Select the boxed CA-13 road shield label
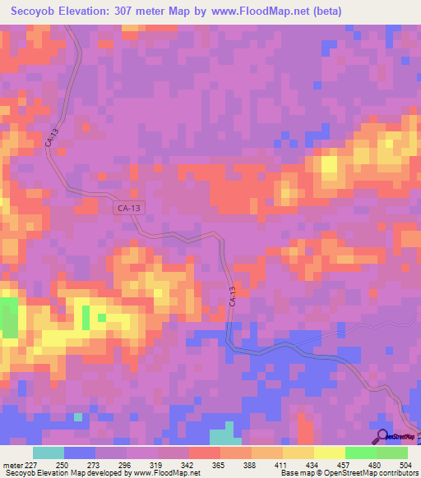pyautogui.click(x=127, y=210)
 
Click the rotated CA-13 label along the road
pyautogui.click(x=233, y=296)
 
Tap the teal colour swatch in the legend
pyautogui.click(x=49, y=453)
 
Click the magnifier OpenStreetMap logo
pyautogui.click(x=382, y=436)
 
